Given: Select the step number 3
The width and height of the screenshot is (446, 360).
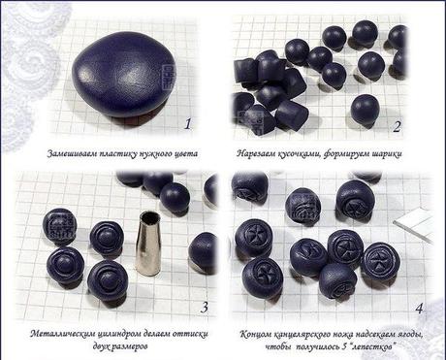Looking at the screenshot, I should coord(202,308).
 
